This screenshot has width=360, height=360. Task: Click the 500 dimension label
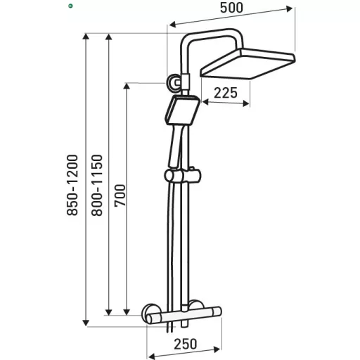click(x=231, y=8)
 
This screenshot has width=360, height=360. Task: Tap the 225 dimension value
click(x=226, y=93)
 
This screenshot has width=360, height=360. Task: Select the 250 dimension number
click(x=185, y=344)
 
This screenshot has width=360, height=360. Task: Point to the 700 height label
click(x=120, y=195)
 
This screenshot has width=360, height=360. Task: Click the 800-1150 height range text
click(x=97, y=185)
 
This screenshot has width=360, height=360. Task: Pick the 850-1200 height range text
click(x=72, y=185)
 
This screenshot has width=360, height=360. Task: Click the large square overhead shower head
click(x=247, y=63)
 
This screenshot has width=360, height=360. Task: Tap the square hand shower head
click(x=183, y=110)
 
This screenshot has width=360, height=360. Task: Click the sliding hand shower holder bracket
click(x=183, y=176)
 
